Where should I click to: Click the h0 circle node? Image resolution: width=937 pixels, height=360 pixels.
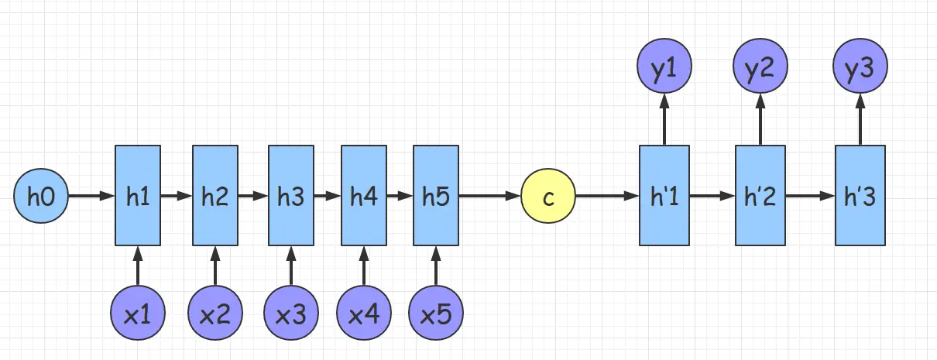[x=41, y=197]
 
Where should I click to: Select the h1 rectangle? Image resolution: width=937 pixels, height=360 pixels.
[x=138, y=197]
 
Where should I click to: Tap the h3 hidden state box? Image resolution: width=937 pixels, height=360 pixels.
[x=290, y=197]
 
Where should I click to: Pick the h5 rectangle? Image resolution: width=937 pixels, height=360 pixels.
[x=436, y=197]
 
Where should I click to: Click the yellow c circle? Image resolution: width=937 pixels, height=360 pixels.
[x=548, y=197]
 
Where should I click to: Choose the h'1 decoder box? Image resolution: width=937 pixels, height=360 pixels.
[x=664, y=197]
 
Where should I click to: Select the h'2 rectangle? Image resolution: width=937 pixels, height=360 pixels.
[x=760, y=197]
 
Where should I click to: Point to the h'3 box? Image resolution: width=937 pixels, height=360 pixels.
[x=860, y=197]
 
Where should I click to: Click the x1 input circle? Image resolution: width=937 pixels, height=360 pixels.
[x=138, y=314]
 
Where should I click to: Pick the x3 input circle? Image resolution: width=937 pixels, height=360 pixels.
[x=290, y=314]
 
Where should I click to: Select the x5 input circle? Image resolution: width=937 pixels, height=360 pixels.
[x=436, y=314]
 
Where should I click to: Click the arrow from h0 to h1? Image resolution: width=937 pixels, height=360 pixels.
[x=91, y=197]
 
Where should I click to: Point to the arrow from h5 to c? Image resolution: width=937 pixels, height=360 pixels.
[x=489, y=197]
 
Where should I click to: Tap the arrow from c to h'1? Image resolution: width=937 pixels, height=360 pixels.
[x=607, y=197]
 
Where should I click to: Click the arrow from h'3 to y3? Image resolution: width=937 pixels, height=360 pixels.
[x=860, y=119]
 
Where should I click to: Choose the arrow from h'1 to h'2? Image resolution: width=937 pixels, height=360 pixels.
[x=712, y=197]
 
